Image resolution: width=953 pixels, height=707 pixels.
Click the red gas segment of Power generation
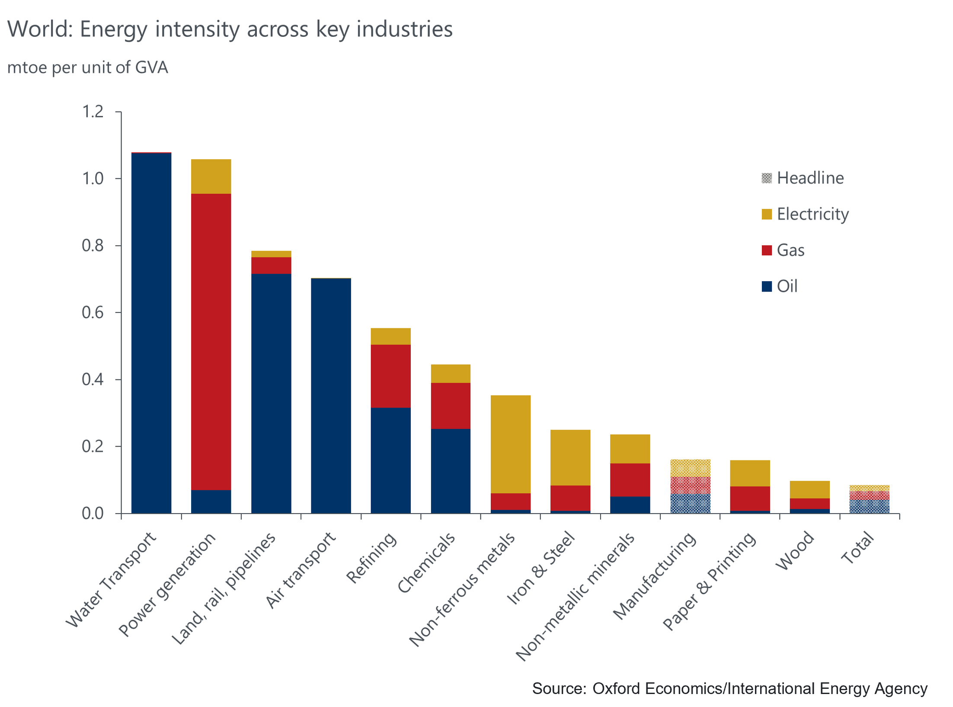point(211,342)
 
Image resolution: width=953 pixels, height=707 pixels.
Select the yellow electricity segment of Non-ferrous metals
point(511,444)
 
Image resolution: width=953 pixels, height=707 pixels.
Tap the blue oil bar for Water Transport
point(151,333)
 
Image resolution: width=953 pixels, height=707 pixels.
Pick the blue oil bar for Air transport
point(331,395)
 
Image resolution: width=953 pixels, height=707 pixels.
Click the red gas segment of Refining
point(390,376)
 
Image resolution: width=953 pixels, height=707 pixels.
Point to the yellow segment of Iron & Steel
point(570,457)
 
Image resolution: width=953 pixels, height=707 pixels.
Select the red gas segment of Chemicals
point(451,405)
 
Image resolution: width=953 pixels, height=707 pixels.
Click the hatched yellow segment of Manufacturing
point(690,468)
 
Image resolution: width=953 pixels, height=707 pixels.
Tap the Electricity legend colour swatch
point(767,214)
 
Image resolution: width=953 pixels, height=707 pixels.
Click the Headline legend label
point(810,178)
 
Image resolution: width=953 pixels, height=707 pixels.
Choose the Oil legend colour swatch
point(767,286)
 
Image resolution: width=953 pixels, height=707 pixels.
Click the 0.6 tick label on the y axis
point(93,312)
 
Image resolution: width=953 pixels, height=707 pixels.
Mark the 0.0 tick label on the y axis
point(93,514)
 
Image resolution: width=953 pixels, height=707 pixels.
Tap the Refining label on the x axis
point(371,558)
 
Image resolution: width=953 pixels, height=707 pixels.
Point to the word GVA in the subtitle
point(151,67)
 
